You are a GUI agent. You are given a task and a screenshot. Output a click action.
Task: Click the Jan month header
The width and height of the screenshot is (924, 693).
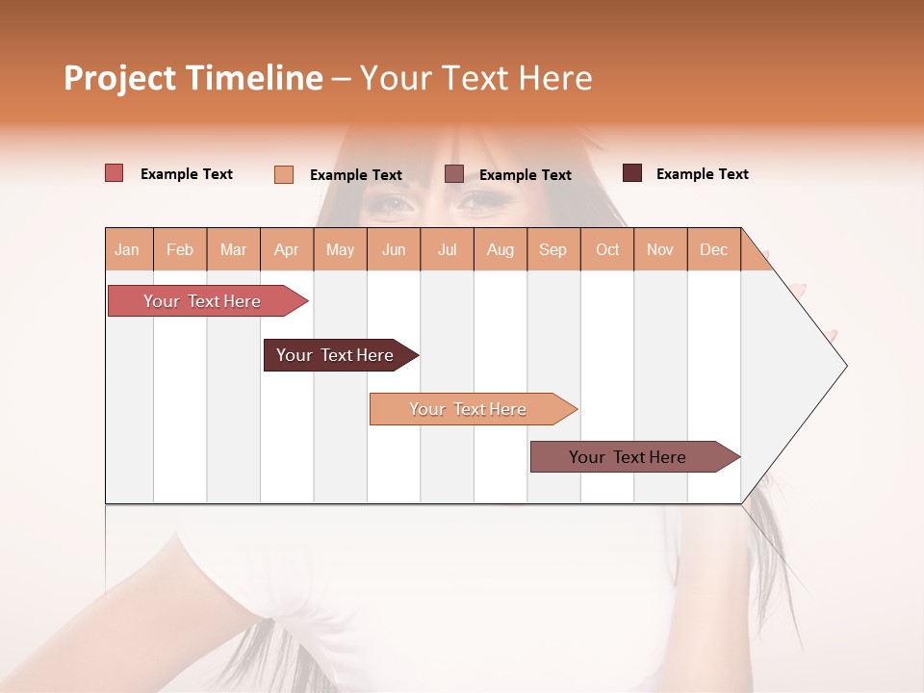(127, 250)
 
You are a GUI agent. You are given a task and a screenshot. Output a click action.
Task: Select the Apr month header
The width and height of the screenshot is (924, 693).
(286, 250)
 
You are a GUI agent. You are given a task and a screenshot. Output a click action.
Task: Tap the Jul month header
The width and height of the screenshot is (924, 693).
(447, 250)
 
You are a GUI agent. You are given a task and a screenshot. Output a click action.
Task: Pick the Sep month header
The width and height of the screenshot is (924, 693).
(552, 250)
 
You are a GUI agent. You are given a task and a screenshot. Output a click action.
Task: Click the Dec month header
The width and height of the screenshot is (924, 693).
(713, 250)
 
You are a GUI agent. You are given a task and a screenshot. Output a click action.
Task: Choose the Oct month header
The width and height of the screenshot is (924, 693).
(607, 250)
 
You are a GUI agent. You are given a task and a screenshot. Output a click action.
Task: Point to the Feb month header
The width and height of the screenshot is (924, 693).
(180, 250)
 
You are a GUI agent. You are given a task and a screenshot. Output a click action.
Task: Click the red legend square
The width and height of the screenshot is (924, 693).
(114, 173)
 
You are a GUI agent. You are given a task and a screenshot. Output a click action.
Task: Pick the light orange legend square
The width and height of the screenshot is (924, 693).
(283, 174)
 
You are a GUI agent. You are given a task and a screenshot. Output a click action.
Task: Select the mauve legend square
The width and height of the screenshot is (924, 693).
(454, 174)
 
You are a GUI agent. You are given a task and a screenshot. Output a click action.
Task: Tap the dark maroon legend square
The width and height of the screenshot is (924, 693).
(631, 173)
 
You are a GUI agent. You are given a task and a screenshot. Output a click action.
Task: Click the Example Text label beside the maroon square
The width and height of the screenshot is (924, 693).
(702, 174)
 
